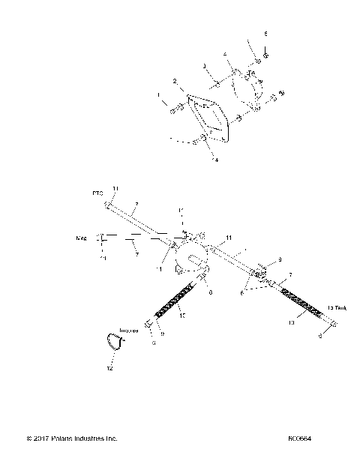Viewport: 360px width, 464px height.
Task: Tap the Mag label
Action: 82,238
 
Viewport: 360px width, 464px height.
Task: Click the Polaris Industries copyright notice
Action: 72,439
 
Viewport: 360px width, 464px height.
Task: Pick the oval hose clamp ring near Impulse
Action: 114,342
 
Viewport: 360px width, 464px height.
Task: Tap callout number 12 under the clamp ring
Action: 110,369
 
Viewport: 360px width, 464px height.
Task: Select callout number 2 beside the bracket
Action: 175,81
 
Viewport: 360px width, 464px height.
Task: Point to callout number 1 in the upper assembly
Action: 159,95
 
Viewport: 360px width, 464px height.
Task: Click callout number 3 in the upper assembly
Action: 204,66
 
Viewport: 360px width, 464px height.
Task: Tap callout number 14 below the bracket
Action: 215,160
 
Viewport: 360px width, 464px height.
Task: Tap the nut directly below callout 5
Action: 266,53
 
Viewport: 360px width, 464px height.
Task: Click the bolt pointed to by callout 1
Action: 175,110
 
